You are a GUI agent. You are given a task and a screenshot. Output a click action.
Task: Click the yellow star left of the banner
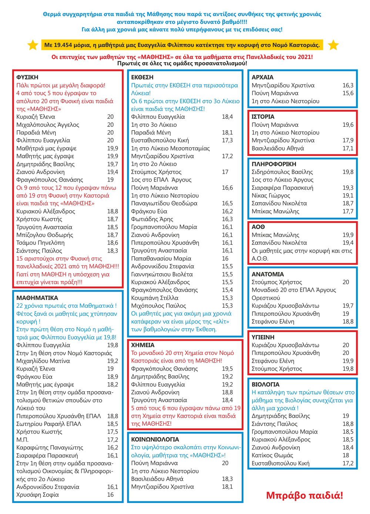point(33,45)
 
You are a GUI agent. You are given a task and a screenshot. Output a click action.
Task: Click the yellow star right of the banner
point(333,45)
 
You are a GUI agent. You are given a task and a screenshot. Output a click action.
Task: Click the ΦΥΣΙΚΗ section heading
point(27,77)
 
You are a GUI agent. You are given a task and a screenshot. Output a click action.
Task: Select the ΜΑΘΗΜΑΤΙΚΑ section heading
point(37,298)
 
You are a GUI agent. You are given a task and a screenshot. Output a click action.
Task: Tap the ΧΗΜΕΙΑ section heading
point(143,345)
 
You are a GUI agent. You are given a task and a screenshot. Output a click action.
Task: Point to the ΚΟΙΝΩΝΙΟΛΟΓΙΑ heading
point(155,439)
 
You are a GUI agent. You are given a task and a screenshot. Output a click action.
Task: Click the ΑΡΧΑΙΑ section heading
point(263,77)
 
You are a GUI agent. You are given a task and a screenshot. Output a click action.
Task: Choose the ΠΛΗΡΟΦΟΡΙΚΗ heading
point(274,164)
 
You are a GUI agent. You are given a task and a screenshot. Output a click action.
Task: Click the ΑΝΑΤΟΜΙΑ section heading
point(268,274)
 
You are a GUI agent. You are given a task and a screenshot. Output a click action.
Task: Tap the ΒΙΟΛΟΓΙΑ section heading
point(266,384)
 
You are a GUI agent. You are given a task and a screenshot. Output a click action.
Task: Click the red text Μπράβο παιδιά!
point(305,495)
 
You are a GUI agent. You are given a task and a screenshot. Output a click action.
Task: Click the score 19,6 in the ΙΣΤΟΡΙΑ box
point(348,125)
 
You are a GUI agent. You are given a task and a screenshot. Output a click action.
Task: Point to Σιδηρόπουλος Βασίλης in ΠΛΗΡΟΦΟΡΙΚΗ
point(282,172)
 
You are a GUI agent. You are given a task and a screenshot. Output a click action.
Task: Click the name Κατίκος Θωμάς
point(272,455)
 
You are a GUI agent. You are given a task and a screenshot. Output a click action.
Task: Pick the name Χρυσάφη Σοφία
point(37,495)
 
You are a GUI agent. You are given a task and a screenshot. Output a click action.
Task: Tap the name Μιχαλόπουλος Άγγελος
point(48,125)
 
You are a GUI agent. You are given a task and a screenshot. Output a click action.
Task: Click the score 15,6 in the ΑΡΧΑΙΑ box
point(348,93)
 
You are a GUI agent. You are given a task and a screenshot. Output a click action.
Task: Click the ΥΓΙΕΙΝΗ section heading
point(263,337)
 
